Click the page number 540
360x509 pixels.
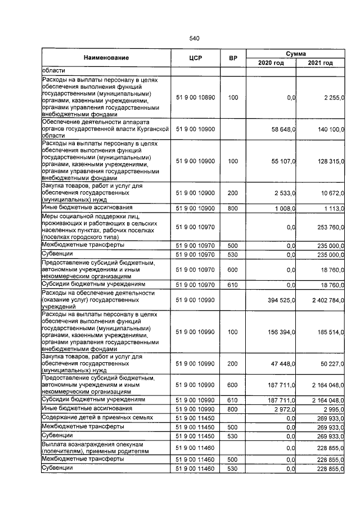(x=195, y=38)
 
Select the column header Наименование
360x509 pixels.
(x=106, y=58)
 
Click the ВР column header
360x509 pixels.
(x=233, y=58)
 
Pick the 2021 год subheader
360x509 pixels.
(x=321, y=63)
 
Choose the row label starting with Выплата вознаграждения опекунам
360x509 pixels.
(x=96, y=447)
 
